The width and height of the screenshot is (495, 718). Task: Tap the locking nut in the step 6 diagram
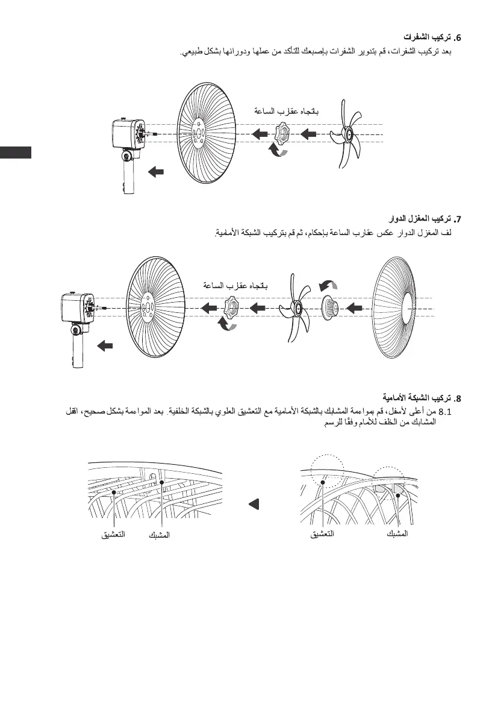tap(281, 133)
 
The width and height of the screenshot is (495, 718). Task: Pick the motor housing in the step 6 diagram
tap(128, 135)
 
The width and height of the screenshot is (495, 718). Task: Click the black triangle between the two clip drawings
tap(254, 503)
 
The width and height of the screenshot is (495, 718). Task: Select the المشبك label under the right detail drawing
tap(395, 534)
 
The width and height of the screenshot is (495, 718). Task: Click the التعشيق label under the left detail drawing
tap(113, 534)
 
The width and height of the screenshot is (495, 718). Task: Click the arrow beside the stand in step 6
tap(155, 172)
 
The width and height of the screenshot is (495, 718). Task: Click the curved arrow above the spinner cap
tap(328, 283)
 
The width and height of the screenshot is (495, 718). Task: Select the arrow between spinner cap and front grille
tap(355, 308)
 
